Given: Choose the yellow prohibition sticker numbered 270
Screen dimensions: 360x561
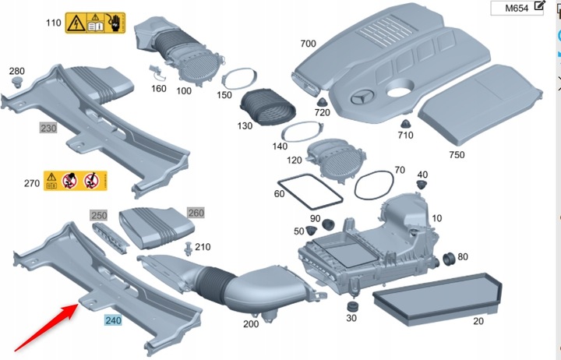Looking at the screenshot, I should (x=75, y=182).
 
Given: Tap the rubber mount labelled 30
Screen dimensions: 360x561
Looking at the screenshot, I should (x=352, y=302).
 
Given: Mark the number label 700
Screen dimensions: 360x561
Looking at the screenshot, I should (x=308, y=43).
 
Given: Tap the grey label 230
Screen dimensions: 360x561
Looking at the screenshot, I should (x=48, y=127).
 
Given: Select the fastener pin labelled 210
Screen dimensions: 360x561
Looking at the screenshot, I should (x=189, y=249).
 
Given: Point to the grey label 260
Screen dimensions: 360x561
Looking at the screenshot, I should (x=196, y=212).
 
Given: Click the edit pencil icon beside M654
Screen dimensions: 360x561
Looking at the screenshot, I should (x=539, y=7).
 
